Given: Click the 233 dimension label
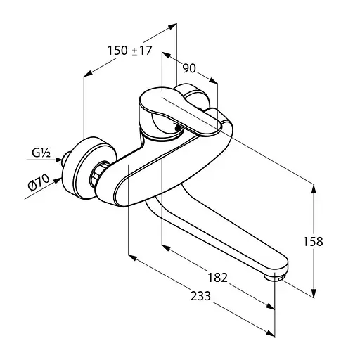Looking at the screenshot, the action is (x=200, y=296).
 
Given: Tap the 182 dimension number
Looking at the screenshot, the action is (x=218, y=278).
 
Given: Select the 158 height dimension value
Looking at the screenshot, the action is (x=313, y=241).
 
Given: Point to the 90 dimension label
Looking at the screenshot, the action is (x=189, y=68).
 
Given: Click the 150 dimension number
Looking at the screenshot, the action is (x=117, y=51).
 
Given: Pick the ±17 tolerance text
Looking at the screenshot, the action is (x=142, y=51).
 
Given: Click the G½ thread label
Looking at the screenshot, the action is (x=41, y=153).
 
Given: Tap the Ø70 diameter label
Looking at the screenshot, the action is (x=39, y=183).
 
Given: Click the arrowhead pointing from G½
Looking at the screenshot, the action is (x=58, y=160).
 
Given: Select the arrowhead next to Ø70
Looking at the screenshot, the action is (x=58, y=181).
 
